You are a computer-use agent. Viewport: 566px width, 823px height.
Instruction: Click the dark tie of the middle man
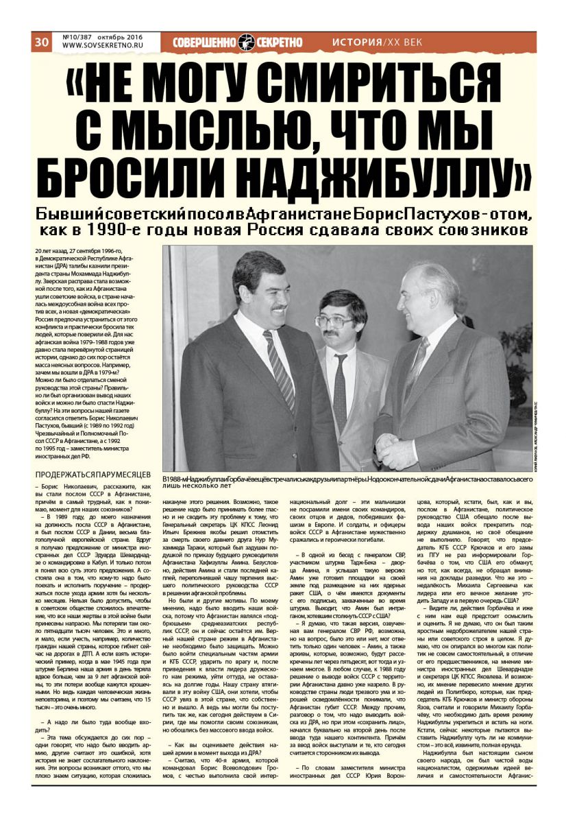point(340,391)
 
